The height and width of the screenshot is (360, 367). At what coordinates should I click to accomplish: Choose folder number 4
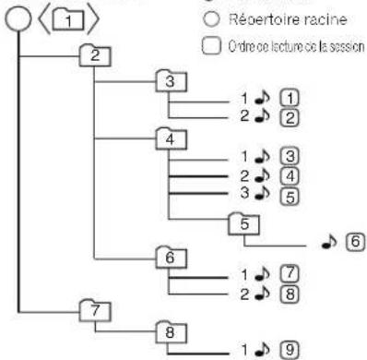coord(171,141)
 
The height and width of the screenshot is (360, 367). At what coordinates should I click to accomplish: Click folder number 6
coord(171,258)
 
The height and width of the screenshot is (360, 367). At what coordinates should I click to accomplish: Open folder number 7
coord(94,306)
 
